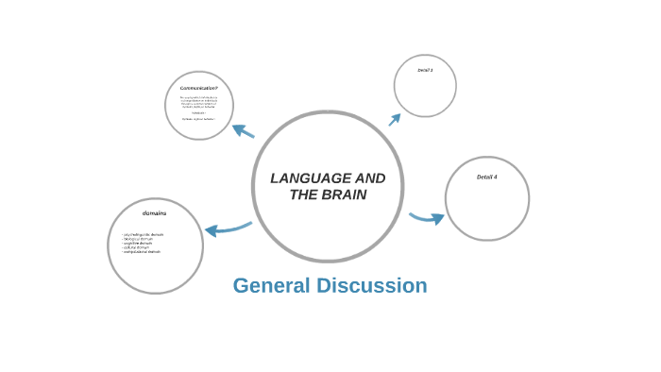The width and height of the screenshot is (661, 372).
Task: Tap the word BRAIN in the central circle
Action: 346,194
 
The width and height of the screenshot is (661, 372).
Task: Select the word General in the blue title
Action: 272,285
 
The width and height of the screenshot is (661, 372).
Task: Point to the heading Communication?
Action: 198,88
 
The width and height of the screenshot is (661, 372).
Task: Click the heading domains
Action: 155,213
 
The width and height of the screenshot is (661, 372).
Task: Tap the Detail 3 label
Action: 425,70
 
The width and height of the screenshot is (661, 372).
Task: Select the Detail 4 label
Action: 486,177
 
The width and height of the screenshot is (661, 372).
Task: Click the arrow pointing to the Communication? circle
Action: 244,130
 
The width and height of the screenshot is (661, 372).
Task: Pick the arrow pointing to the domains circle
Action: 227,228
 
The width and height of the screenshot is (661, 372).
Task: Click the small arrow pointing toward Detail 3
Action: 394,120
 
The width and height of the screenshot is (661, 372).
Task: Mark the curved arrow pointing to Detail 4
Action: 427,218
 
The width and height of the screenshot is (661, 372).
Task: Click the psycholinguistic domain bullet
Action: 143,234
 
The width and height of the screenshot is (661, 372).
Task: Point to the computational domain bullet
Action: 142,252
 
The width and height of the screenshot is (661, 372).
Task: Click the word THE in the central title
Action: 304,194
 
